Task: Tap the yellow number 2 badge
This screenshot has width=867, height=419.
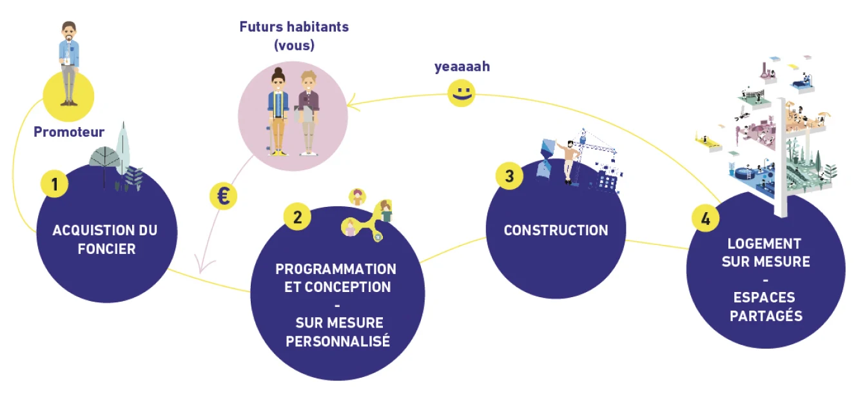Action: [297, 217]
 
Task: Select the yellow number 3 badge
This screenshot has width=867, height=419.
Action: [509, 176]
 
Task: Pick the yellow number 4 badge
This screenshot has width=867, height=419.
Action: [705, 219]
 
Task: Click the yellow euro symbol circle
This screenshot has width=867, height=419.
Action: [223, 196]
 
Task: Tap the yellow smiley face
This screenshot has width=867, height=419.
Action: [462, 94]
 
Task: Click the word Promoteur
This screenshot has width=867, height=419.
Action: [69, 133]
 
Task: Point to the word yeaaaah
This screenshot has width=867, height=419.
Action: [462, 66]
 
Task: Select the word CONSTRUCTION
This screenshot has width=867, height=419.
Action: [556, 230]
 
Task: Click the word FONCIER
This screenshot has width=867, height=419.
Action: [106, 249]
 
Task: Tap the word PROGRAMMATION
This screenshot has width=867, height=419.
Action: [336, 269]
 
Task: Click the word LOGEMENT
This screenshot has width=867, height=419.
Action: [764, 244]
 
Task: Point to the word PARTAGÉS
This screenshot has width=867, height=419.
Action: [766, 315]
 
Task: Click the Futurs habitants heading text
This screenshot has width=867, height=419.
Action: [294, 27]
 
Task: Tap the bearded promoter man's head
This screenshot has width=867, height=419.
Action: [68, 31]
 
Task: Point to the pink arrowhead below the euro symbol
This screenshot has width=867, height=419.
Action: [201, 267]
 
